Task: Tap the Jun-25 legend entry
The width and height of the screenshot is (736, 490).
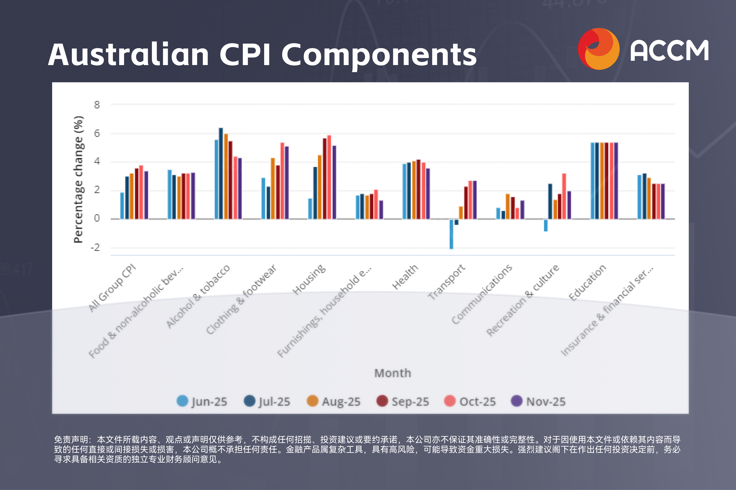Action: coord(202,401)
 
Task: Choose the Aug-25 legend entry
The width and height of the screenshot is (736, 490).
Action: coord(334,401)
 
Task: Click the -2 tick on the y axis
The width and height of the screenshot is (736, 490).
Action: coord(95,247)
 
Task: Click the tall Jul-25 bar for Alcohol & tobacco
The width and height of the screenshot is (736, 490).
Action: coord(221,173)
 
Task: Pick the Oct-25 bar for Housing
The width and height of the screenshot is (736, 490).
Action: coord(329,177)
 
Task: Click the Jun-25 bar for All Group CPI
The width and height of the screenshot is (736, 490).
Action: coord(122,206)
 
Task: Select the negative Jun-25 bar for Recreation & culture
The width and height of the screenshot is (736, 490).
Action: coord(546,225)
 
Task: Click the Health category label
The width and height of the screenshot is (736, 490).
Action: coord(405,277)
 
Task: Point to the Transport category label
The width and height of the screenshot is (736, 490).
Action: coord(446,282)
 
